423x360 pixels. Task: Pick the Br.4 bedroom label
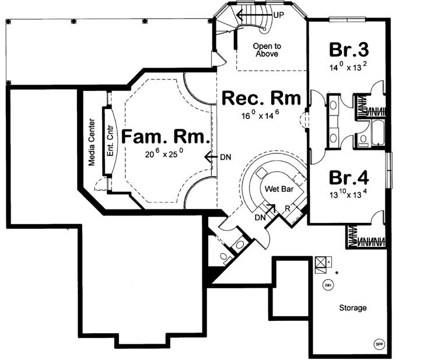click(348, 176)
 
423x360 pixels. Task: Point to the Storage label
click(353, 307)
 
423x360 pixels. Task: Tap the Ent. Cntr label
click(109, 140)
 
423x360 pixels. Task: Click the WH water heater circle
click(328, 285)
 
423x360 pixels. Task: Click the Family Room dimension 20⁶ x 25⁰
click(165, 155)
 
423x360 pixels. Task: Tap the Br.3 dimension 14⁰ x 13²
click(348, 65)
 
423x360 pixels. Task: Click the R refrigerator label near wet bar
click(288, 208)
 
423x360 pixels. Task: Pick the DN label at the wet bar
click(261, 216)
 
